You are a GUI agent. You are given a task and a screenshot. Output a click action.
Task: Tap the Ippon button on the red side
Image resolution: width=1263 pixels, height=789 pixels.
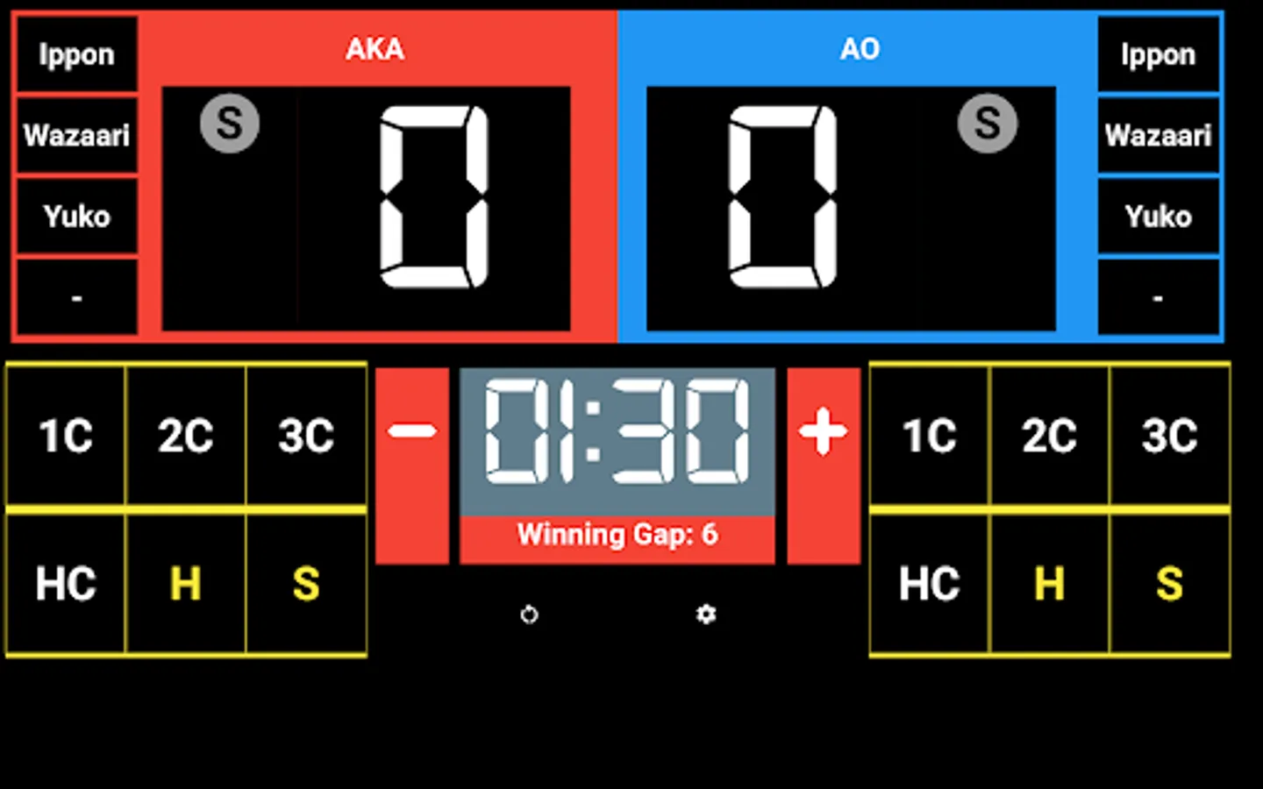76,54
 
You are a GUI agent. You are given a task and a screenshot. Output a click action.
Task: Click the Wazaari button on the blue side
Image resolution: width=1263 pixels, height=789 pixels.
1158,135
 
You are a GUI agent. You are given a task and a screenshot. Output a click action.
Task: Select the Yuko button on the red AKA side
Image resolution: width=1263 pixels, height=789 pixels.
76,216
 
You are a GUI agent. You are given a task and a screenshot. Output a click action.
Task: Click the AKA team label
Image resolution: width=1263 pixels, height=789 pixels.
375,49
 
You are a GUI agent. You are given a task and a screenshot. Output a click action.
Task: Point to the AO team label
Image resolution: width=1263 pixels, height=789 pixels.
860,49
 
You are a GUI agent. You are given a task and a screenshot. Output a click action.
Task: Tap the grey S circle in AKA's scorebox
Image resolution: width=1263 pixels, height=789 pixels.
230,124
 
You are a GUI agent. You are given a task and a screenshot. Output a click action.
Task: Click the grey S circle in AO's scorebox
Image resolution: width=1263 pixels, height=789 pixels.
988,124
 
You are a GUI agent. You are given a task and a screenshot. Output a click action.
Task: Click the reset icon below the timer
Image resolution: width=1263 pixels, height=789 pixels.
529,615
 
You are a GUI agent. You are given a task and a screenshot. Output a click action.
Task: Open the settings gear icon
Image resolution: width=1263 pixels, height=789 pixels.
706,615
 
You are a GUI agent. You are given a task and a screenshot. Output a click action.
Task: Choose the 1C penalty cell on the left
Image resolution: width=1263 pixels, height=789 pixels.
66,436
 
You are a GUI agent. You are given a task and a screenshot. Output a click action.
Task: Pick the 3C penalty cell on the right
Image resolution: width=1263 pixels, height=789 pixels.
1169,436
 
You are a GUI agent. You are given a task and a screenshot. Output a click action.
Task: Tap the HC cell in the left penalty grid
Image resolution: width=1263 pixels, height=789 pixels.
66,584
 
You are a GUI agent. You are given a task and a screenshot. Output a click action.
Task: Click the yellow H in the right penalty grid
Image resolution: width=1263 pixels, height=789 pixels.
1049,584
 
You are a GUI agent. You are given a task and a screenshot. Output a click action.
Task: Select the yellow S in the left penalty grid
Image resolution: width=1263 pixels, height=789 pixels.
306,584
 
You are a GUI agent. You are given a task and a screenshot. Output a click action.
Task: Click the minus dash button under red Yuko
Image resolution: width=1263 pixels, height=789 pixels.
76,298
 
